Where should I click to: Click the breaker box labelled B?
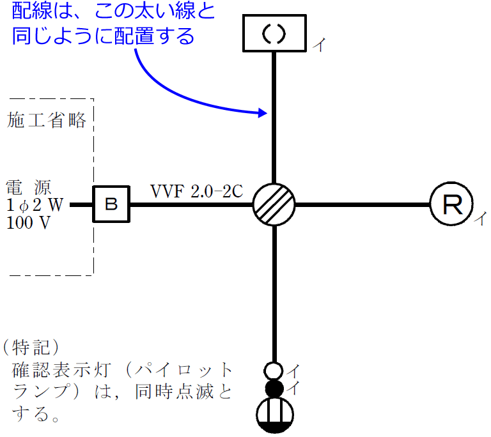click(112, 204)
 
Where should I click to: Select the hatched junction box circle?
click(274, 204)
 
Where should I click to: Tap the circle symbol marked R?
click(451, 204)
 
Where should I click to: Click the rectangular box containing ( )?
click(274, 34)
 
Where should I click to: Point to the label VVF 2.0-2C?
click(196, 191)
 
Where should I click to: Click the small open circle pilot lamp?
click(274, 371)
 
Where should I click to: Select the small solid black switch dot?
click(274, 387)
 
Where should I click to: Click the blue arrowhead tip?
click(265, 114)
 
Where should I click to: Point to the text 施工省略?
click(47, 120)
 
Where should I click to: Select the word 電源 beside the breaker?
click(33, 188)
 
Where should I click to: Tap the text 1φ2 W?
click(35, 206)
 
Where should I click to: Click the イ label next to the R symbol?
click(479, 219)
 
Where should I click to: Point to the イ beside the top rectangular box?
click(318, 45)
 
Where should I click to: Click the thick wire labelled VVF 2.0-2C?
click(192, 204)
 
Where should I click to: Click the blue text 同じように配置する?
click(102, 36)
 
